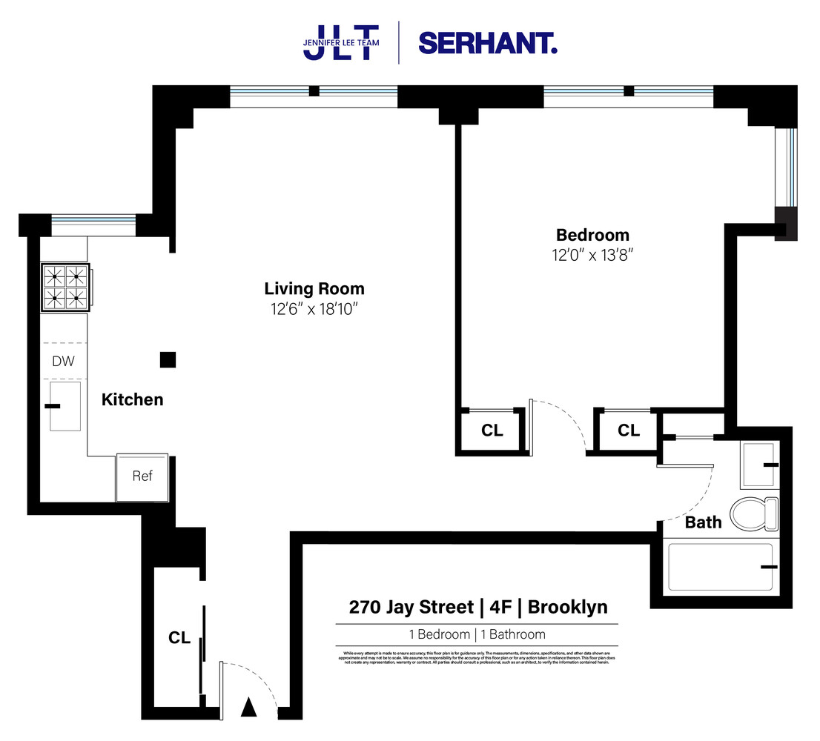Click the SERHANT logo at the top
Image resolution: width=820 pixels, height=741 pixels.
pyautogui.click(x=487, y=42)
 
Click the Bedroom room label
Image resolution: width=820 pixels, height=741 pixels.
pyautogui.click(x=592, y=236)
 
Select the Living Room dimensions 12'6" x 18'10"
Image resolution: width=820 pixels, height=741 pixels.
pyautogui.click(x=315, y=308)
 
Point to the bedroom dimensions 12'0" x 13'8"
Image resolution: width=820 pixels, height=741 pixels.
pyautogui.click(x=592, y=255)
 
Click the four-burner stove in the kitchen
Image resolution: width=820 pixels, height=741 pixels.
pyautogui.click(x=65, y=288)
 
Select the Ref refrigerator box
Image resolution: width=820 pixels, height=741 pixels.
pyautogui.click(x=142, y=476)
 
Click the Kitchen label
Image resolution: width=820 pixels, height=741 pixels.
pyautogui.click(x=132, y=400)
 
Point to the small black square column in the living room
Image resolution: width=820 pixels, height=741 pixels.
pyautogui.click(x=168, y=360)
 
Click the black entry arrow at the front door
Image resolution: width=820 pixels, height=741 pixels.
pyautogui.click(x=249, y=708)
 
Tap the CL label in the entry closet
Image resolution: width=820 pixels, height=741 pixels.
pyautogui.click(x=179, y=638)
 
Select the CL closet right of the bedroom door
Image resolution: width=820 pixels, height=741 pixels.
pyautogui.click(x=628, y=431)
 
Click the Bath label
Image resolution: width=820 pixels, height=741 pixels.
pyautogui.click(x=703, y=522)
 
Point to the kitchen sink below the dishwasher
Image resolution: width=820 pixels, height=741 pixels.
pyautogui.click(x=65, y=405)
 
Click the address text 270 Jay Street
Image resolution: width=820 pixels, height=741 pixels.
pyautogui.click(x=411, y=608)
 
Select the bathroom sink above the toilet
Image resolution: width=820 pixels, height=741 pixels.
pyautogui.click(x=759, y=465)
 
